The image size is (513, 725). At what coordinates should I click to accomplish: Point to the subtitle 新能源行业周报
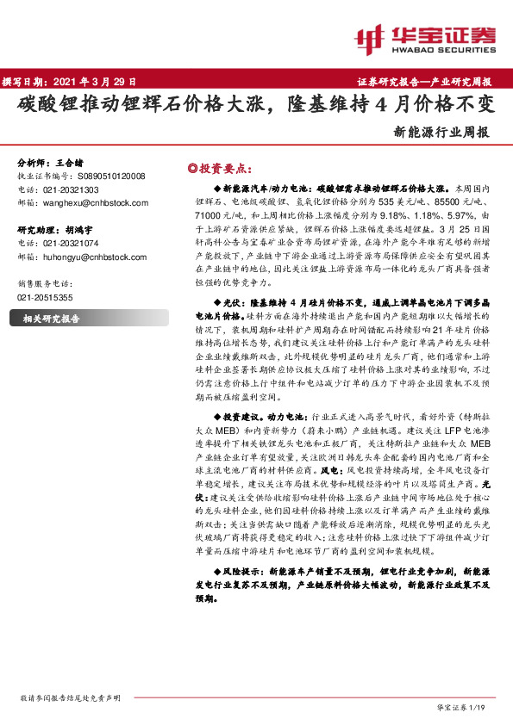(441, 133)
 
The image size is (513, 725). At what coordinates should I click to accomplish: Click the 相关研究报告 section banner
(51, 319)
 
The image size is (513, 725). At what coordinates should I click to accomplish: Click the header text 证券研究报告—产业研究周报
(424, 82)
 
